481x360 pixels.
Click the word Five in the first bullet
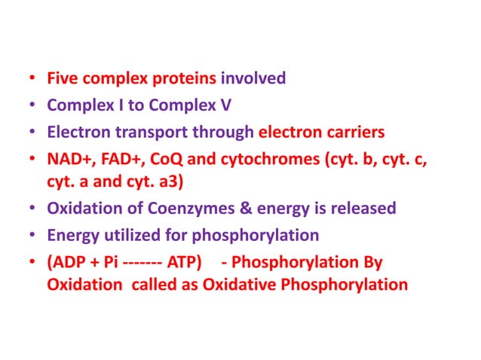point(63,78)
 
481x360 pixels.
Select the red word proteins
point(189,78)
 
